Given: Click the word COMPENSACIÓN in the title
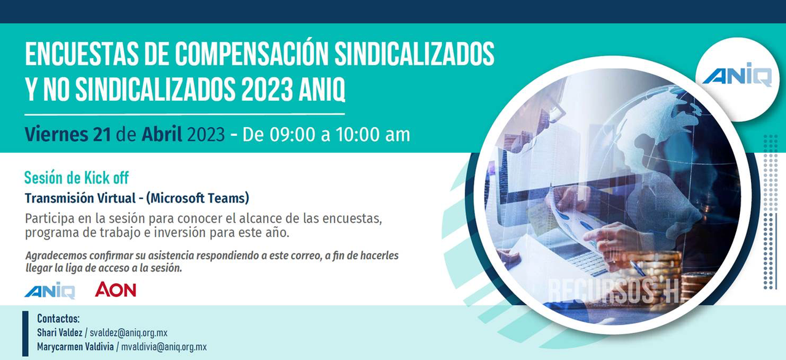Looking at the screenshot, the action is (252, 53).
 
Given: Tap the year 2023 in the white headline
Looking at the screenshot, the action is (267, 89).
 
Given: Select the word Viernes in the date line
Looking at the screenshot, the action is (56, 135).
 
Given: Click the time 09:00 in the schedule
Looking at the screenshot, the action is (293, 135).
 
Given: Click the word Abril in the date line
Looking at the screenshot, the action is (161, 134).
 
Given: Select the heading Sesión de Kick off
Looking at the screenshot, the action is (77, 178).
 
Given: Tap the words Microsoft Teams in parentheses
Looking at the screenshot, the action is (198, 198).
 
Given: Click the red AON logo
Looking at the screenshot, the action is (115, 290).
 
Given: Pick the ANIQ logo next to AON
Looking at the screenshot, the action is (50, 291).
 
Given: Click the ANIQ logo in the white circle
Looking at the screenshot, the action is (737, 75).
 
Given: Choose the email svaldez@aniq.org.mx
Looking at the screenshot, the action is (128, 332).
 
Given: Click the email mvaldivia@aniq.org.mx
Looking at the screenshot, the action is (164, 347).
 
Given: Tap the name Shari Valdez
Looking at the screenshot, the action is (60, 332).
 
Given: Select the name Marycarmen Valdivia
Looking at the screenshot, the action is (76, 347).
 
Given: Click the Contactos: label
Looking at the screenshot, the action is (58, 319).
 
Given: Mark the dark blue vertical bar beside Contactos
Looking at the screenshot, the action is (25, 334).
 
